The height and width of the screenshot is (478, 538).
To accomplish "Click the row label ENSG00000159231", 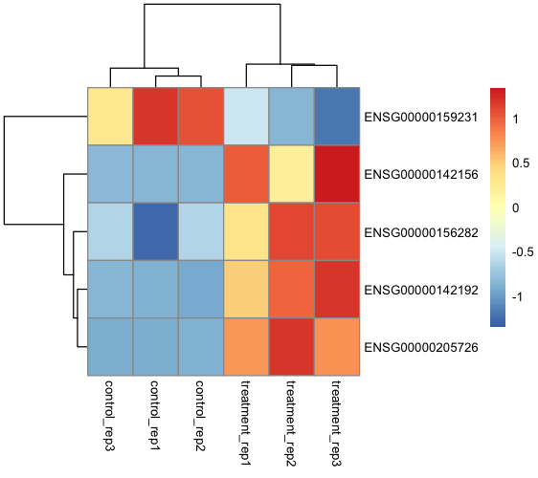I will coord(420,117).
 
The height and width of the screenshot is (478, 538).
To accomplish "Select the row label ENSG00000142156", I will coord(420,175).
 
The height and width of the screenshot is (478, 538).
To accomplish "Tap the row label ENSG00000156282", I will coord(420,232).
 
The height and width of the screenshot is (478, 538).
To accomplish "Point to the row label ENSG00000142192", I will coord(420,290).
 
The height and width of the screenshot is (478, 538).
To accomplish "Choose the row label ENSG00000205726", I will coord(420,348).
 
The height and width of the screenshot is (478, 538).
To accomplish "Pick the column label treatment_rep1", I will coord(246,422).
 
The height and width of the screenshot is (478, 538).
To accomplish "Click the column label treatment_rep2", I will coord(291,422).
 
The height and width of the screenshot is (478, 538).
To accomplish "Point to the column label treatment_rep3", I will coord(337,422).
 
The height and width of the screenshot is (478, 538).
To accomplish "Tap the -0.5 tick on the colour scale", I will coord(526,252).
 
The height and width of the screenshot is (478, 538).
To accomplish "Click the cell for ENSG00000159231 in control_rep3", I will coord(109,117).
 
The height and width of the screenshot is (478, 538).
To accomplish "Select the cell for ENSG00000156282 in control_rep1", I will coord(155,232).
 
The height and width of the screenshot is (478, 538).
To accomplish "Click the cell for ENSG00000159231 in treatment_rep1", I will coord(246,117).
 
